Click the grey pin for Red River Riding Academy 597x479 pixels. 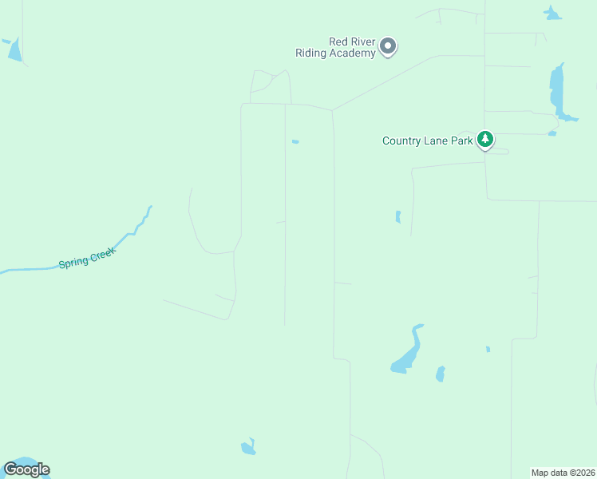click(x=388, y=46)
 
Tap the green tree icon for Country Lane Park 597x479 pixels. click(x=484, y=140)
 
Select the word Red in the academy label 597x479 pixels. click(x=338, y=42)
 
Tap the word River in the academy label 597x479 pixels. click(x=363, y=42)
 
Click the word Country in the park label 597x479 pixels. click(x=401, y=141)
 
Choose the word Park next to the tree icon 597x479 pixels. click(x=462, y=141)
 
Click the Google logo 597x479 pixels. click(x=26, y=469)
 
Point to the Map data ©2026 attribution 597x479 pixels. click(x=563, y=473)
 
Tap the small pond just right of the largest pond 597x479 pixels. click(x=440, y=374)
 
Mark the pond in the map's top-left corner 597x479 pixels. click(x=14, y=49)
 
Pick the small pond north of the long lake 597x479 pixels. click(x=552, y=13)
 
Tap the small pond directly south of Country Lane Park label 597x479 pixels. click(x=397, y=216)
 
